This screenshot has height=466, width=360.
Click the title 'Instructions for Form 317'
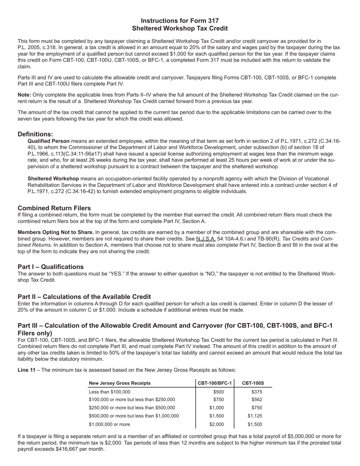coord(180,21)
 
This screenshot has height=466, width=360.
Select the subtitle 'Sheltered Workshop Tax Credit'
coord(180,28)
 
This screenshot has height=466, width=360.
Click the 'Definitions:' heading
coord(35,134)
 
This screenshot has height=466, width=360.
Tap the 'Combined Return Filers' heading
coord(54,208)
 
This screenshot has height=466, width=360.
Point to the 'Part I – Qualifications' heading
coord(50,267)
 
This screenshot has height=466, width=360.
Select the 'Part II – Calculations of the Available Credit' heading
coord(84,297)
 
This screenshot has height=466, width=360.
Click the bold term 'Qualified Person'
coord(49,141)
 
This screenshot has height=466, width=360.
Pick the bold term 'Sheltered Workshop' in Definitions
coord(53,178)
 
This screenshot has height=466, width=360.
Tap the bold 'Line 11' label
coord(27,370)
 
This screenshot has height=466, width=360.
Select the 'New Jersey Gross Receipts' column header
coord(119,383)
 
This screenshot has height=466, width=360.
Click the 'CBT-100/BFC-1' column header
coord(215,383)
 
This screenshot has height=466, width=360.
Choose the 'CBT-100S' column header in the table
coord(253,383)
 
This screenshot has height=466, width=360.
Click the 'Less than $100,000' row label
coord(109,392)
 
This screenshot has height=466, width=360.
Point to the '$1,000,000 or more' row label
coord(109,424)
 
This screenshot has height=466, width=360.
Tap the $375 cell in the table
coord(257,392)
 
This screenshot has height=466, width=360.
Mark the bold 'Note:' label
coord(24,95)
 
